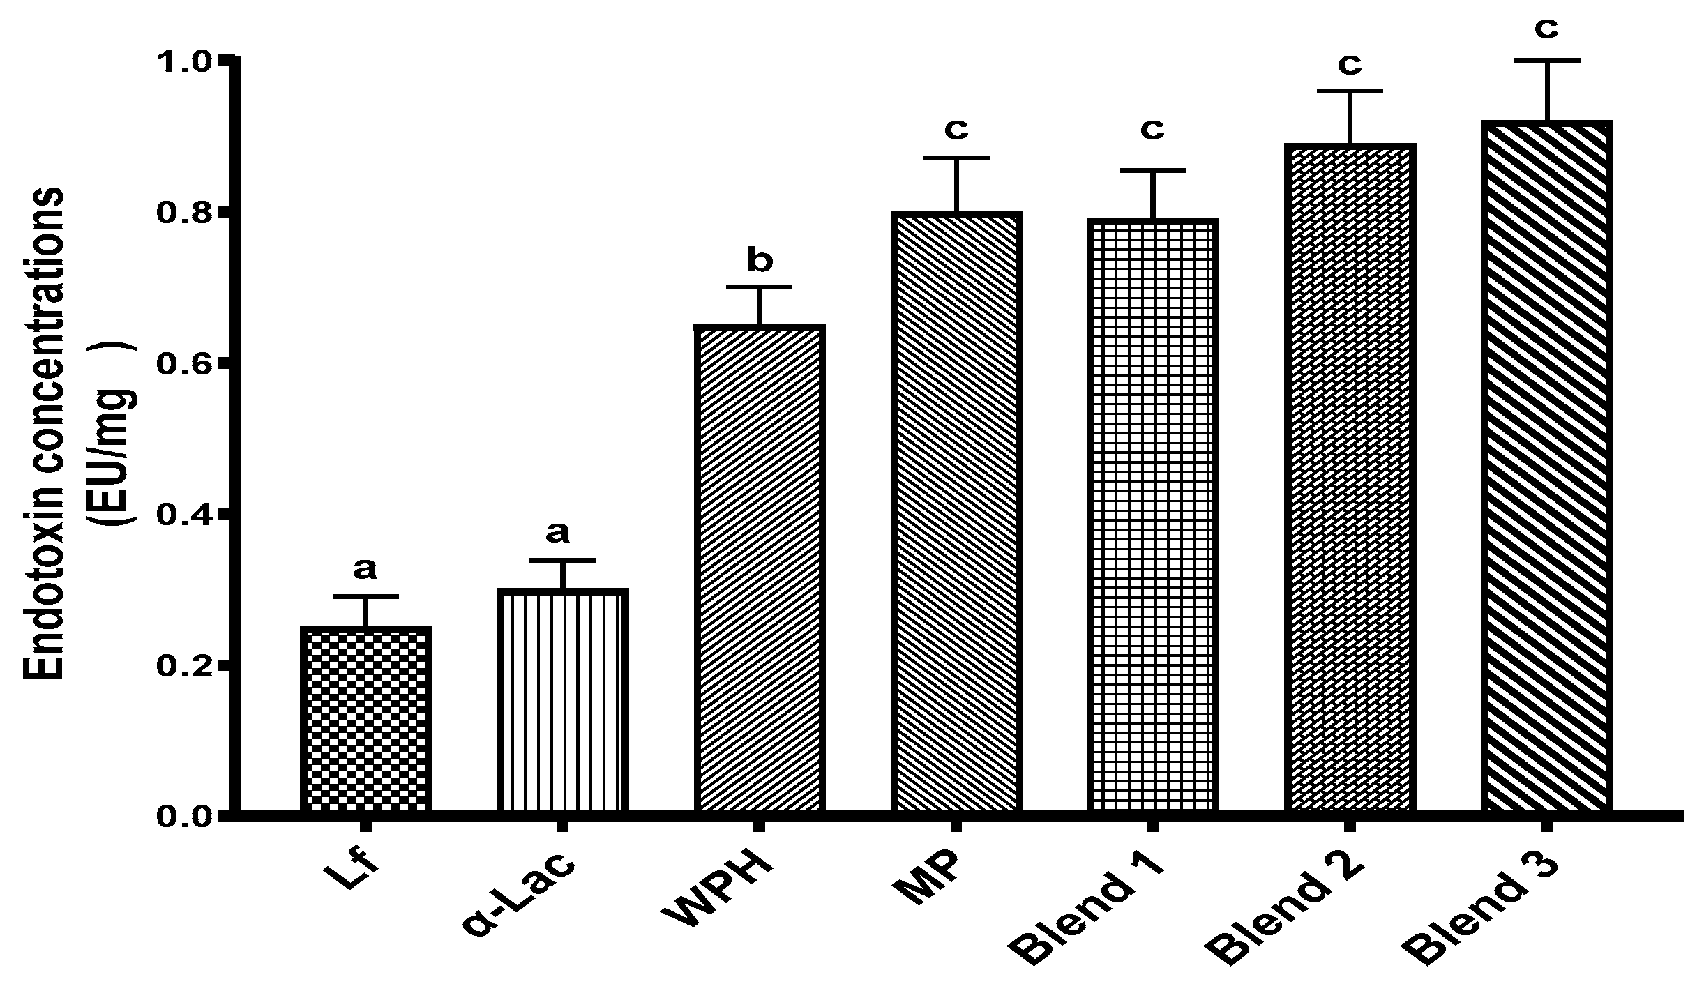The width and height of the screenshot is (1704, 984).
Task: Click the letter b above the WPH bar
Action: pos(760,262)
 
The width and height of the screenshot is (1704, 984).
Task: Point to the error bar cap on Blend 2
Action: pos(1350,91)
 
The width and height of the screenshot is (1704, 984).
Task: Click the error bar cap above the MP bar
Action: pos(956,158)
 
